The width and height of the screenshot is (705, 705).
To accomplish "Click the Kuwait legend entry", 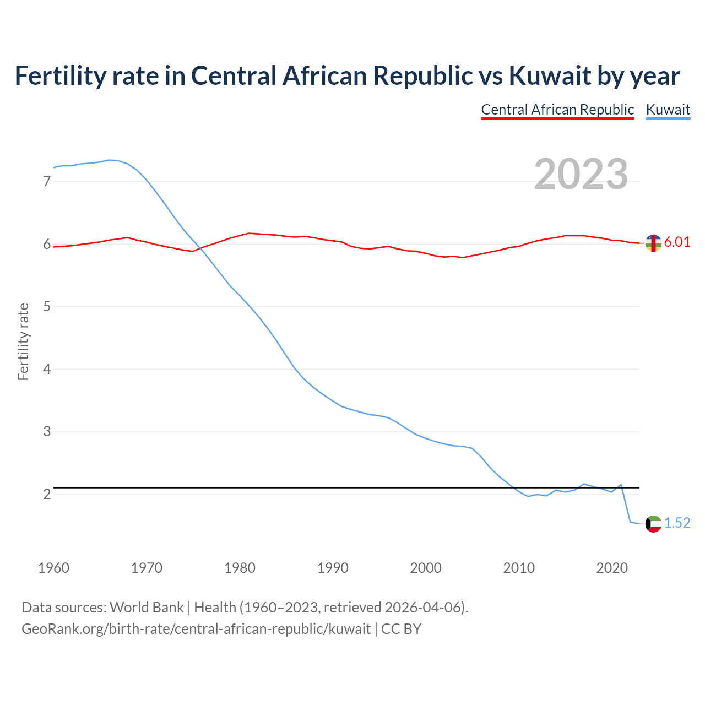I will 668,110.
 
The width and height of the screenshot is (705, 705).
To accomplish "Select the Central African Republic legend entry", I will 557,110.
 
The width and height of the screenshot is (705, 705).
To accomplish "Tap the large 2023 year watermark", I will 581,174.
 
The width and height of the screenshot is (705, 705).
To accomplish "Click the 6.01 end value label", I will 677,242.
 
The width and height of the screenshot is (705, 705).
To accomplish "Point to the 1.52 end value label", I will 677,523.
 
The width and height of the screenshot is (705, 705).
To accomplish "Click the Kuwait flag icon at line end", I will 653,524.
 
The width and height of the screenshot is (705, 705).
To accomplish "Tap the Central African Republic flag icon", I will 653,243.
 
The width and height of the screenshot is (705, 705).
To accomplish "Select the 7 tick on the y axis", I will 47,181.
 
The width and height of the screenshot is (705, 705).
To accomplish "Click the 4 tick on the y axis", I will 47,369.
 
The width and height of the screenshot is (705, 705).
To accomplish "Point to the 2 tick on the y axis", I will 47,494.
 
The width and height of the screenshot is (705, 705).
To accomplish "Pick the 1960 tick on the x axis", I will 53,568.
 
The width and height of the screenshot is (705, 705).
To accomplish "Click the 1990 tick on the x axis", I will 333,568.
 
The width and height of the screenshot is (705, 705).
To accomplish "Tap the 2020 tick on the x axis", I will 612,568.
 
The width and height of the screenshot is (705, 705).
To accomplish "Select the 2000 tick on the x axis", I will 426,568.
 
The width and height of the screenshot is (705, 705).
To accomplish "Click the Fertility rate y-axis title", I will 23,341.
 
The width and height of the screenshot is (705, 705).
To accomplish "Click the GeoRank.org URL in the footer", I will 196,629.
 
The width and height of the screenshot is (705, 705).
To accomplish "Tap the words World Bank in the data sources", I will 147,608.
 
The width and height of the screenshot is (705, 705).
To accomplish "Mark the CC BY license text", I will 401,629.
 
